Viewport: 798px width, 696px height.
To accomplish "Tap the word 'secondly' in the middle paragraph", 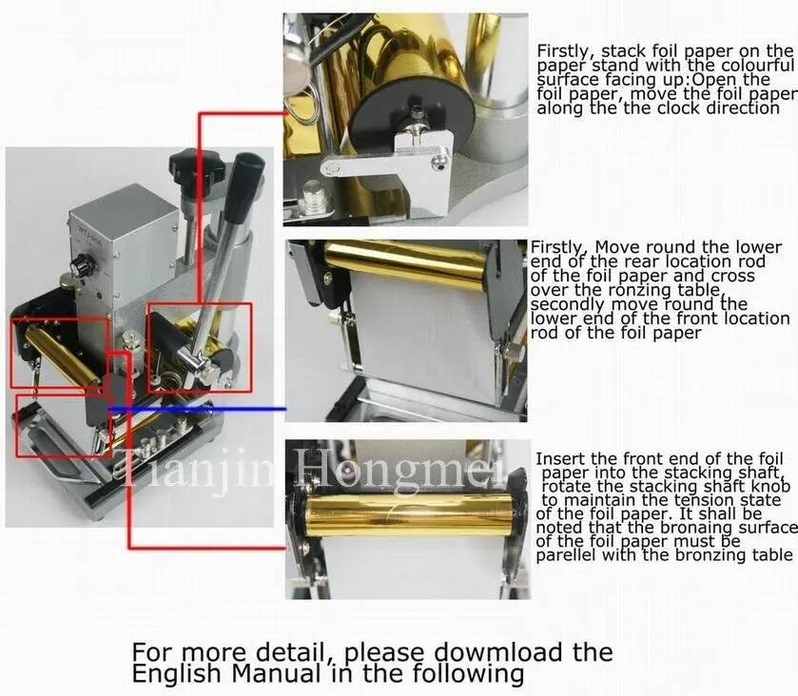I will point(566,304).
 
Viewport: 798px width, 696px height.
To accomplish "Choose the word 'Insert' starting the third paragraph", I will point(561,458).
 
